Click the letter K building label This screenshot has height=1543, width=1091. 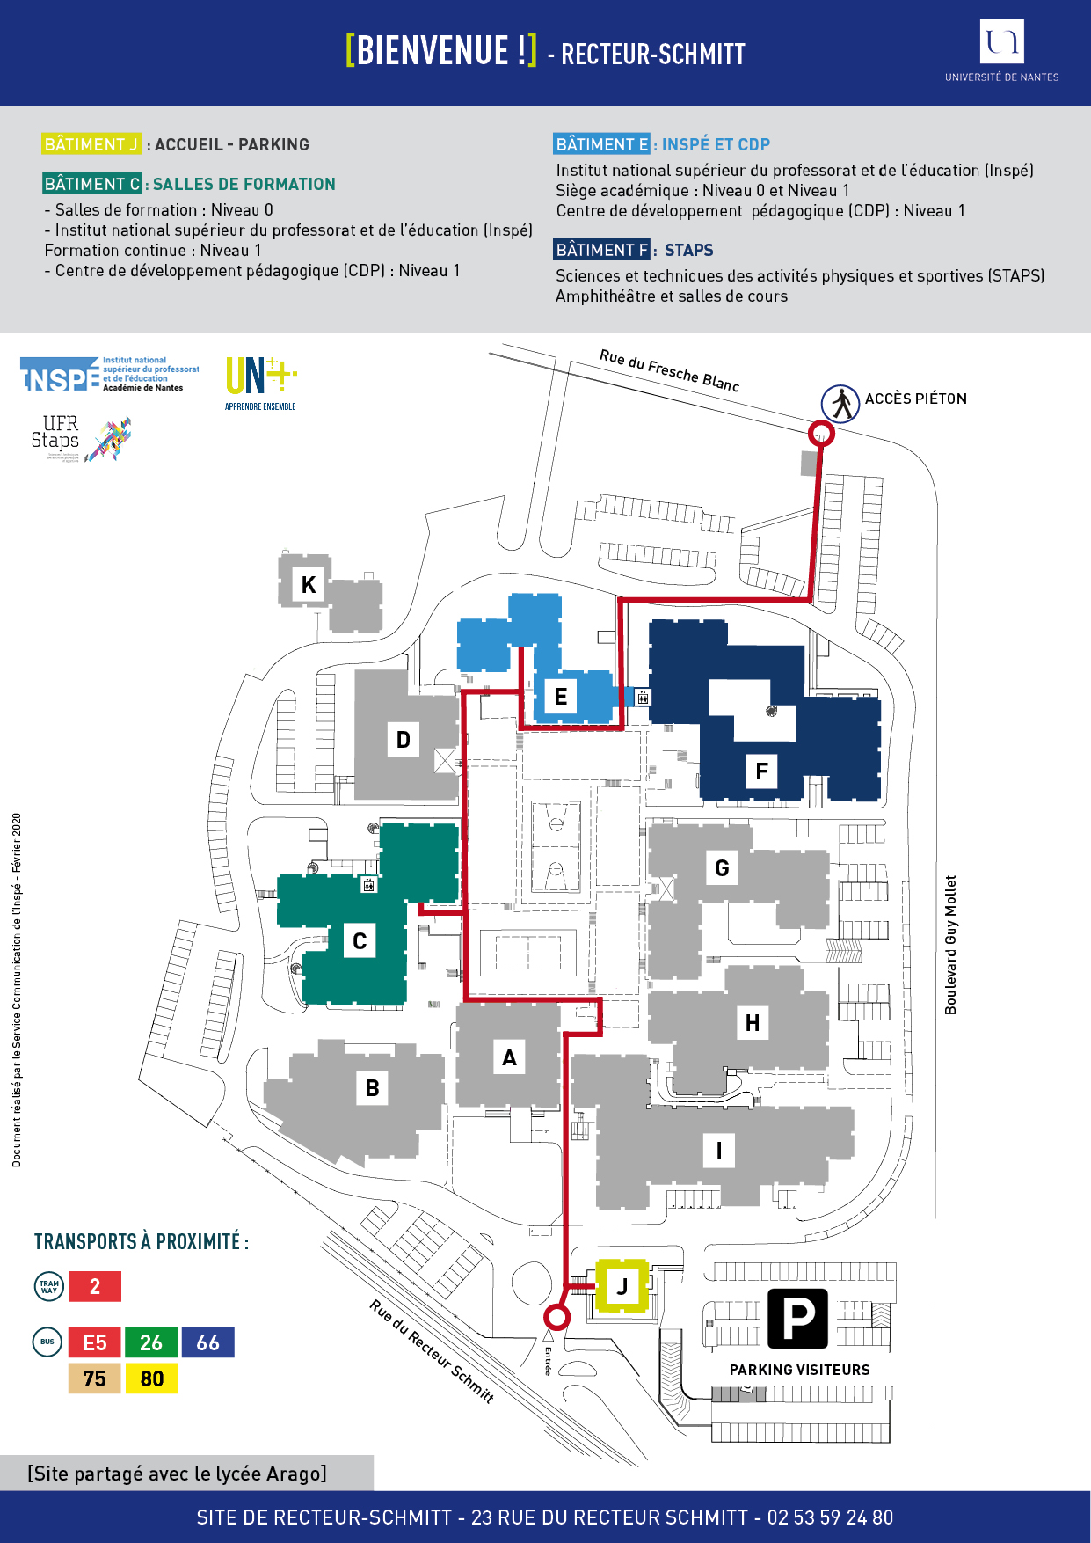[309, 584]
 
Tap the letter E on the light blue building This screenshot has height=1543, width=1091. [561, 697]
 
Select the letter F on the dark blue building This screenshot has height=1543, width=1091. [761, 771]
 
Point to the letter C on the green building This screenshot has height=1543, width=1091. [360, 941]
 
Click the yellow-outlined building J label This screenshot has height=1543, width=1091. [622, 1286]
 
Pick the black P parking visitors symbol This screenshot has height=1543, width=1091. [797, 1319]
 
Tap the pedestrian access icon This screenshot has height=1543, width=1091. [840, 404]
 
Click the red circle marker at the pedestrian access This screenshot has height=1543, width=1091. [820, 433]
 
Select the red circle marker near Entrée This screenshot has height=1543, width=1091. [556, 1317]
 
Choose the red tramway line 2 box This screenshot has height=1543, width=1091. [95, 1286]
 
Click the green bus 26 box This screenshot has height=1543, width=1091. [151, 1342]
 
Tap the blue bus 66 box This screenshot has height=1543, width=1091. [208, 1342]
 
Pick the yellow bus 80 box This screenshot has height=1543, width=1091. [151, 1378]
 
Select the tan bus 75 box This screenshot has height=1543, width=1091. [95, 1378]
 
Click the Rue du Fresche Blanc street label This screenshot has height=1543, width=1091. [669, 370]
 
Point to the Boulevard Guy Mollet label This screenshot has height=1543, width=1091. [950, 945]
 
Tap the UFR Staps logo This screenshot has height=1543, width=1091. [81, 437]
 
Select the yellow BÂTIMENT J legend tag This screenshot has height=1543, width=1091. [91, 144]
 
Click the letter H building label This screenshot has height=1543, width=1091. [753, 1023]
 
